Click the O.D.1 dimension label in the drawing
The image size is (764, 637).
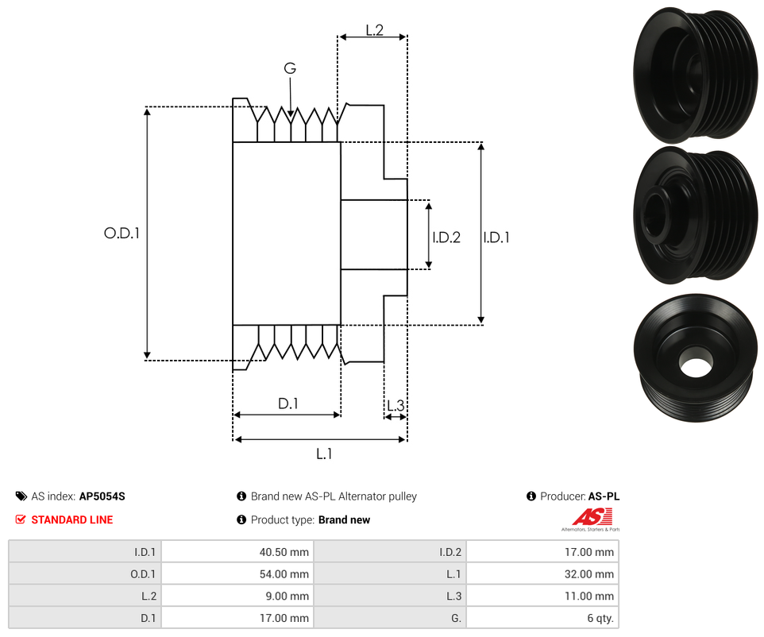tap(122, 234)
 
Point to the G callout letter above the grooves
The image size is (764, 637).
tap(290, 68)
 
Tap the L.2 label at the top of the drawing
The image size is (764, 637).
tap(374, 30)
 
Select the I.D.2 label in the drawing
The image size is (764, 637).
tap(446, 237)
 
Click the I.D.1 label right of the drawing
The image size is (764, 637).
tap(496, 237)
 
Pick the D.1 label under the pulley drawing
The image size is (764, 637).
tap(287, 403)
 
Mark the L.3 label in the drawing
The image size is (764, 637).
tap(395, 407)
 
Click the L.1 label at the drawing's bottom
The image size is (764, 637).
tap(323, 454)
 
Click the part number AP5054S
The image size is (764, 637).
tap(102, 496)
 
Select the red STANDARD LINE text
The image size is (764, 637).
tap(71, 520)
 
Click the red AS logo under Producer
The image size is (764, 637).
tap(592, 517)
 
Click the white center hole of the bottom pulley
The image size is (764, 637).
tap(695, 367)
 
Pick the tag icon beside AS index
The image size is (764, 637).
tap(21, 496)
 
